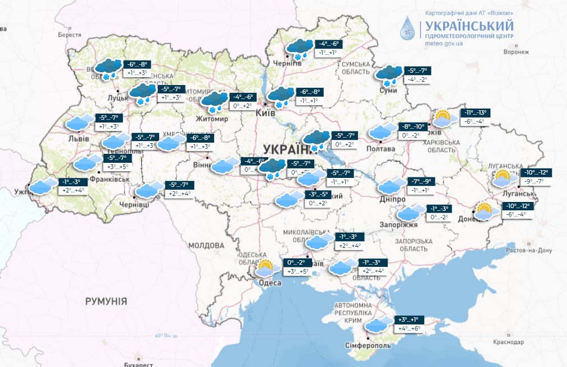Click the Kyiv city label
[x=264, y=113]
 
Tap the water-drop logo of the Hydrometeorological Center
[x=408, y=28]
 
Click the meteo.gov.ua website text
[x=444, y=43]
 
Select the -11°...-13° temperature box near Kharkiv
[x=475, y=113]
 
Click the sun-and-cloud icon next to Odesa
[x=268, y=268]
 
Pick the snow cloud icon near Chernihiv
[x=300, y=48]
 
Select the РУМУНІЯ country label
[x=106, y=301]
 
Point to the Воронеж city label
[x=515, y=51]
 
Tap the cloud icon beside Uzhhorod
[x=43, y=186]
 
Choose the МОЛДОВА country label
[x=206, y=245]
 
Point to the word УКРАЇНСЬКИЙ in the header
[x=469, y=26]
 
